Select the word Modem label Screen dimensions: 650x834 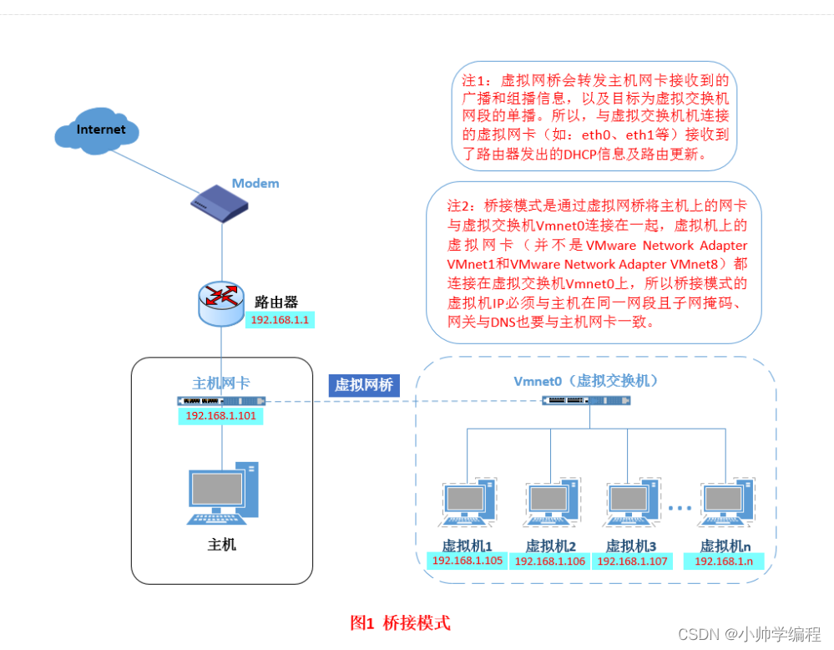point(255,183)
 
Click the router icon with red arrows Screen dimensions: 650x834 point(221,304)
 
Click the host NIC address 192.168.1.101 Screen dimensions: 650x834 point(220,415)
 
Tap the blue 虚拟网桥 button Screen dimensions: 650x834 point(363,384)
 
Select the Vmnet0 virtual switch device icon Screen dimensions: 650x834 point(586,401)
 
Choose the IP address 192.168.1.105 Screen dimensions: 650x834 point(468,561)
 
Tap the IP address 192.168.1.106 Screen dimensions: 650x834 point(551,561)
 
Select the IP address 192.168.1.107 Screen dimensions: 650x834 point(632,561)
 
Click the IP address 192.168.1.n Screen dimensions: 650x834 point(724,561)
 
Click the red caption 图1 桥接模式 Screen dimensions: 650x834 point(400,622)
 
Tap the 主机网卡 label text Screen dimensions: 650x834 point(221,383)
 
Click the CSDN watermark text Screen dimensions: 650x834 point(749,634)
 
